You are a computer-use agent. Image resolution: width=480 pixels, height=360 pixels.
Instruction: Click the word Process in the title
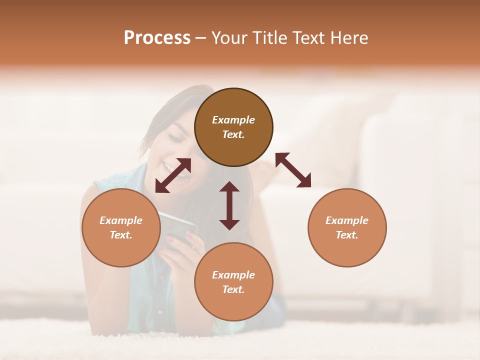point(157,37)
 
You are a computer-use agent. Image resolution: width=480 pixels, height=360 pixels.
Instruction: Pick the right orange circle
point(347,227)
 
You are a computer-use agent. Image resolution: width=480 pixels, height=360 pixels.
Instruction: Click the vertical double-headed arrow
point(229,205)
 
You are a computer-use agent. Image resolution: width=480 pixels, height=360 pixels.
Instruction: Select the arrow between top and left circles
point(173,175)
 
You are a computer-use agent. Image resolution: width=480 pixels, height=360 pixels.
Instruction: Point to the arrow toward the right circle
point(293,170)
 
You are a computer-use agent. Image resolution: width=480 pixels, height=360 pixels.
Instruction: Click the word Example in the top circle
point(233,120)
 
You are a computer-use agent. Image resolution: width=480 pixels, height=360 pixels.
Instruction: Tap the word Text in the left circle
point(121,235)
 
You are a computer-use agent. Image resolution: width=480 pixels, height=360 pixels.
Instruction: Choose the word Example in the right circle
point(347,220)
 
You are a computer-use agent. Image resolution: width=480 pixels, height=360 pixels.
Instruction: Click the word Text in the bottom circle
point(233,289)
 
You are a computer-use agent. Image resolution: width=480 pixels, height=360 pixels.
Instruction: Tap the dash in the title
point(201,38)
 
